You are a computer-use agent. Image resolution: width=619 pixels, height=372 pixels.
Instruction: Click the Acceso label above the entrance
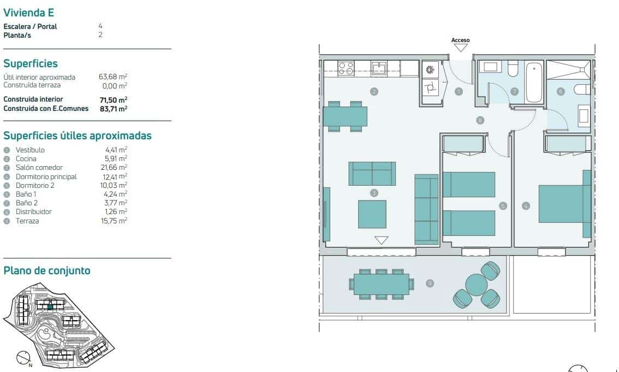[460, 40]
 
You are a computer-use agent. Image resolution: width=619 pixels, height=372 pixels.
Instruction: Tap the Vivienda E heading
[28, 12]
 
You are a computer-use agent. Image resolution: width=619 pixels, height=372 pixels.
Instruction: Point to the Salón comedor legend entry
[39, 168]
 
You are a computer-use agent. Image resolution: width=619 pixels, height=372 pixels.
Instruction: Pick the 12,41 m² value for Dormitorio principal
[115, 176]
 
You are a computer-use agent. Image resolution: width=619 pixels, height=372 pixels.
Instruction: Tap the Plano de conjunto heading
[46, 270]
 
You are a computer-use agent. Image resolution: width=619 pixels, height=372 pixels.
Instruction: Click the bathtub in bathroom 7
[534, 82]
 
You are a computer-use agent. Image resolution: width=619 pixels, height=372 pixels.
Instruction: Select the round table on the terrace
[476, 284]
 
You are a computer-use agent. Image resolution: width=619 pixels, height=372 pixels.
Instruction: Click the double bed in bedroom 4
[561, 204]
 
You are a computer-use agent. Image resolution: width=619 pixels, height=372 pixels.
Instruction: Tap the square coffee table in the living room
[372, 214]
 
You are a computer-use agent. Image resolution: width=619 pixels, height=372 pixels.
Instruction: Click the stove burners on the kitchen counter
[346, 68]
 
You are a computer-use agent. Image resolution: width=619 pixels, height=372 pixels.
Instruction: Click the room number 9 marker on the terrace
[430, 283]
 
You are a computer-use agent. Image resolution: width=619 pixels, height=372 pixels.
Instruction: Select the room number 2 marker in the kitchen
[374, 91]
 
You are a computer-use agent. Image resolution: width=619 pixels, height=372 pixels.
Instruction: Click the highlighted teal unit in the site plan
[50, 308]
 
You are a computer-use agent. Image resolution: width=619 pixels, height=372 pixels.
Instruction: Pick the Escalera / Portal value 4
[100, 26]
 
